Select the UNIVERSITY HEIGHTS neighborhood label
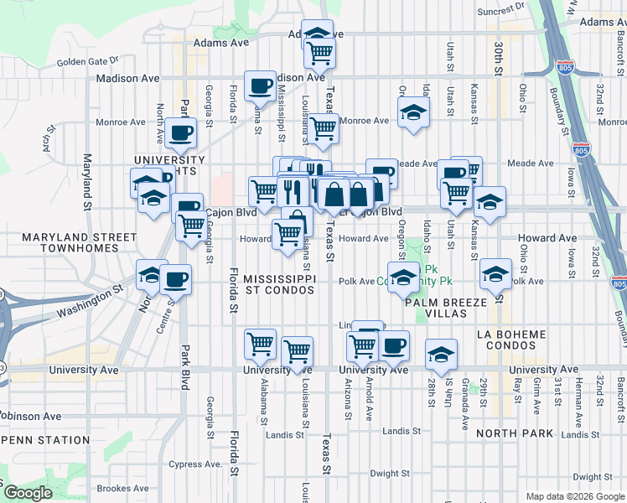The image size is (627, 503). pyautogui.click(x=169, y=165)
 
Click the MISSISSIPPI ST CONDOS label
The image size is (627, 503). pyautogui.click(x=279, y=283)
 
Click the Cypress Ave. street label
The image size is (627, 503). pyautogui.click(x=194, y=464)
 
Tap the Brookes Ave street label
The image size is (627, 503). pyautogui.click(x=122, y=489)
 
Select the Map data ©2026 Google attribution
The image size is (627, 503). pyautogui.click(x=574, y=496)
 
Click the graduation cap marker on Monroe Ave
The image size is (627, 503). pyautogui.click(x=412, y=113)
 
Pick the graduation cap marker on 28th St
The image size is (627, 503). pyautogui.click(x=440, y=354)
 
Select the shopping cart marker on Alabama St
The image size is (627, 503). pyautogui.click(x=261, y=344)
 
